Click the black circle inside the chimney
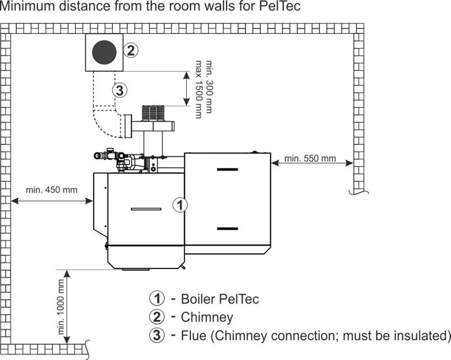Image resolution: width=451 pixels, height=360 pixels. pos(105,52)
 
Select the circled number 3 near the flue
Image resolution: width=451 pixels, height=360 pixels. pos(119,90)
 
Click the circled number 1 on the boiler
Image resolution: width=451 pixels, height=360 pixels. pos(180,205)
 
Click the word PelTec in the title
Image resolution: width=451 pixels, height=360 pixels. pos(282,7)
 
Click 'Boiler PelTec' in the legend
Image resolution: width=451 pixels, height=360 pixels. pos(220,299)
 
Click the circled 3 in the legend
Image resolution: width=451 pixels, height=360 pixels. pos(156,336)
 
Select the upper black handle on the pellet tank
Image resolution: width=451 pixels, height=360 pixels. pos(227,170)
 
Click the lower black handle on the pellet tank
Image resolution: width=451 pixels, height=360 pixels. pos(227,229)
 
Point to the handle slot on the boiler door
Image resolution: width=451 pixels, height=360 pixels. pos(146,209)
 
